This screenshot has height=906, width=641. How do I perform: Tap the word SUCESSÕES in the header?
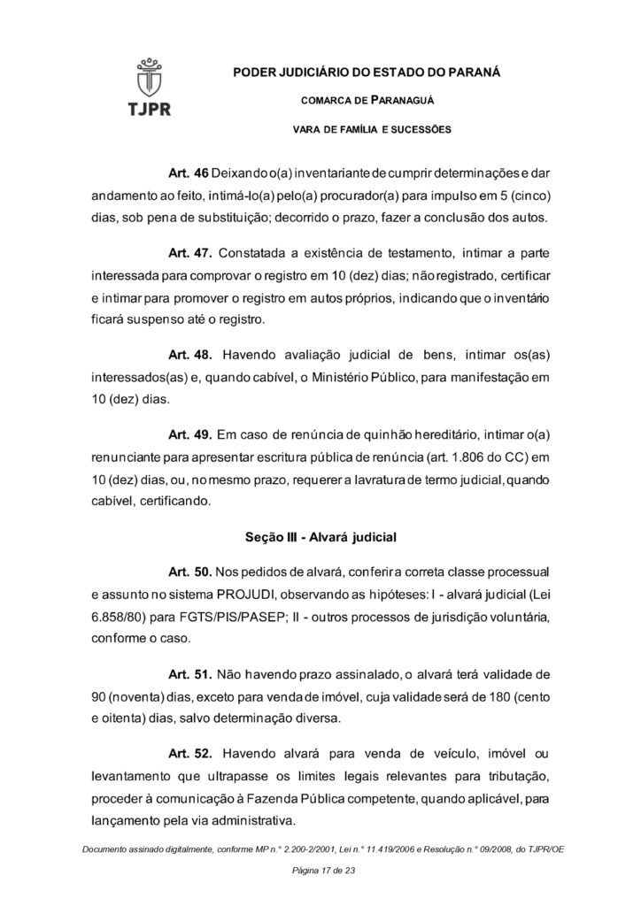[x=417, y=130]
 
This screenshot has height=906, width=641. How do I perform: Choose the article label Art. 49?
[x=189, y=437]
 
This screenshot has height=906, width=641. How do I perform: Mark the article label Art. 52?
[x=189, y=754]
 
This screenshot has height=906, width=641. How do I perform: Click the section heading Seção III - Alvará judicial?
[x=320, y=537]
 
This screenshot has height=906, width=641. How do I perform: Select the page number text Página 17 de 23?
[x=320, y=871]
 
